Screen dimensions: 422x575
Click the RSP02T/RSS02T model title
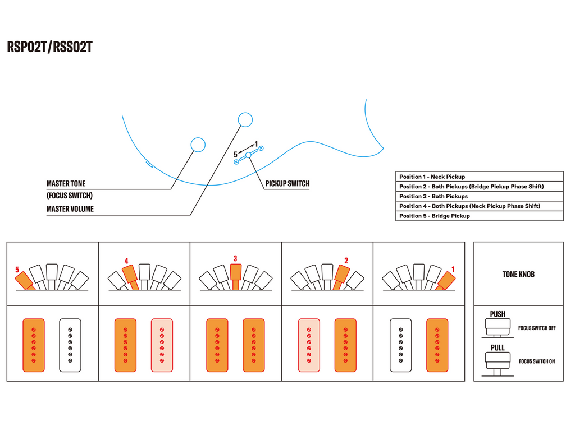tap(49, 47)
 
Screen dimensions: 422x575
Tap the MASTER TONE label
tap(66, 184)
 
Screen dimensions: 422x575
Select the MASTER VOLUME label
tap(70, 209)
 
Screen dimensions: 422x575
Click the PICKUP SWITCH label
tap(287, 184)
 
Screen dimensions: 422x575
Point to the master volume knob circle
tap(245, 119)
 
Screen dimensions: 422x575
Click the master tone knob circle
tap(198, 145)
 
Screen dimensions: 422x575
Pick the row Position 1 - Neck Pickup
tap(432, 177)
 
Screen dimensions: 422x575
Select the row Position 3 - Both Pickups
tap(433, 196)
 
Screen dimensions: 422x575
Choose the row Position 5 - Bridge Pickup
tap(435, 216)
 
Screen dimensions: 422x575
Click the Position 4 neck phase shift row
tap(469, 206)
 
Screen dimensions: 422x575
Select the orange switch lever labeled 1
tap(444, 280)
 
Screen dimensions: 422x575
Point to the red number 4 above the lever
tap(126, 261)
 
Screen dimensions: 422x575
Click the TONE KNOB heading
tap(518, 275)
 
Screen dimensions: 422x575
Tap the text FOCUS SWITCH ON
tap(537, 361)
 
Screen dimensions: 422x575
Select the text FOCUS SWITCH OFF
tap(537, 328)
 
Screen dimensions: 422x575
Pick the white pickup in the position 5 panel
tap(70, 345)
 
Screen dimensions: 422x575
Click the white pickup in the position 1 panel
tap(401, 345)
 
